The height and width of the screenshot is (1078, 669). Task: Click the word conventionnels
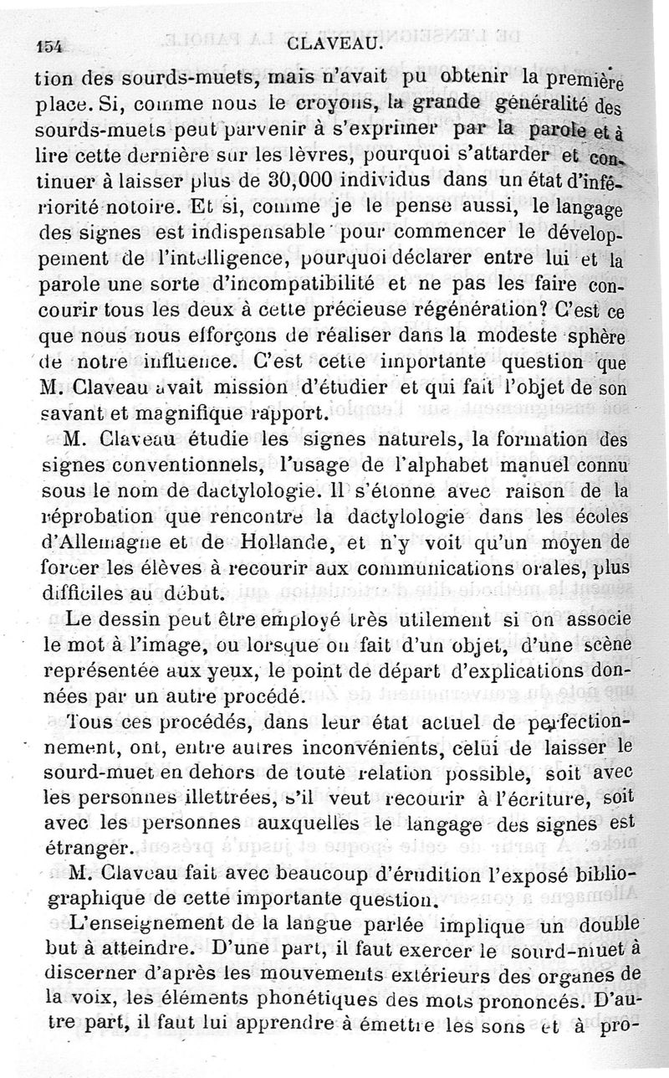click(x=183, y=465)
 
